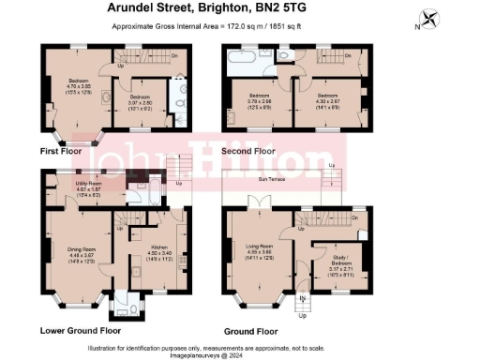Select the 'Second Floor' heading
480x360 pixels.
[x=247, y=150]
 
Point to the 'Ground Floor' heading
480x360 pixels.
[x=250, y=331]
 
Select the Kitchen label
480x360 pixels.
[x=153, y=247]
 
